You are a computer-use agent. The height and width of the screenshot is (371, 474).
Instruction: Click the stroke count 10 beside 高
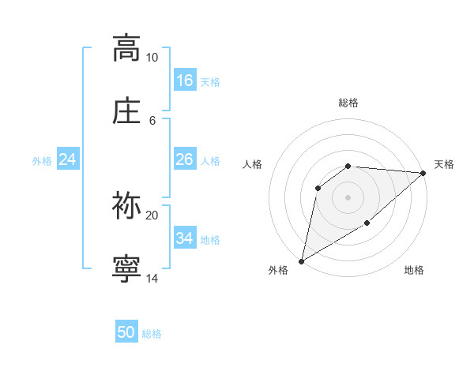click(152, 58)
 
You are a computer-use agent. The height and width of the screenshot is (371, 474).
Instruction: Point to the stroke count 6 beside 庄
click(152, 120)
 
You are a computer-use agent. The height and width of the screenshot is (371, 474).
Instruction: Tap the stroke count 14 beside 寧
click(152, 279)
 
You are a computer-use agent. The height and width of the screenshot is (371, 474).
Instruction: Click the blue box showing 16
click(185, 81)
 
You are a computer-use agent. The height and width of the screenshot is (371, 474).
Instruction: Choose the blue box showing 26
click(185, 159)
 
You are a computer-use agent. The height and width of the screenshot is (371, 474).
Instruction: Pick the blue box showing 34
click(185, 238)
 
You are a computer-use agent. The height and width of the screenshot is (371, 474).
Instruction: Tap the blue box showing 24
click(68, 159)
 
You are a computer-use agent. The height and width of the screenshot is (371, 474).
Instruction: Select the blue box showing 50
click(126, 332)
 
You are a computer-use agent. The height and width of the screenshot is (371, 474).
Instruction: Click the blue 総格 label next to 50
click(152, 334)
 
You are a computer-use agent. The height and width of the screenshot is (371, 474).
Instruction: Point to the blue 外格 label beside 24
click(42, 161)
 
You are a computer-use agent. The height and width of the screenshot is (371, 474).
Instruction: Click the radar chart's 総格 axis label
click(348, 103)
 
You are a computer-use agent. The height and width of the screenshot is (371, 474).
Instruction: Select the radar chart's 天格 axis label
click(444, 164)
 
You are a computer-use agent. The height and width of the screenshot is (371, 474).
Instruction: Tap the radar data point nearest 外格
click(301, 260)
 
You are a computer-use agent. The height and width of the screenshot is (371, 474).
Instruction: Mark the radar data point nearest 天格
click(423, 173)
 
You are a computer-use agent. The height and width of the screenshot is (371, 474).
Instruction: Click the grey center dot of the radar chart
click(348, 197)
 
